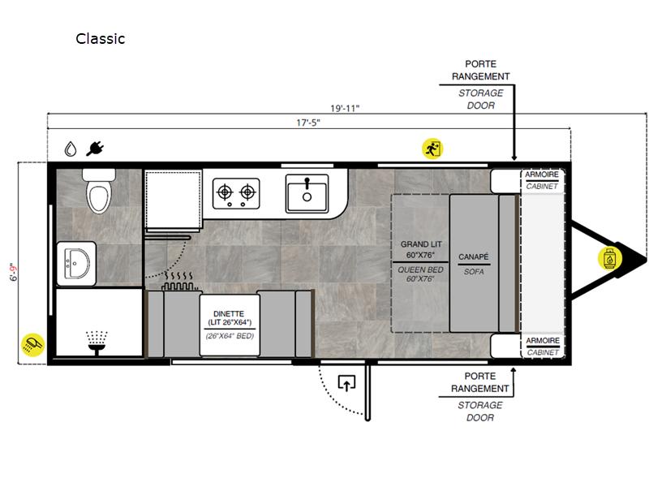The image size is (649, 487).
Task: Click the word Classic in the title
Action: pyautogui.click(x=100, y=38)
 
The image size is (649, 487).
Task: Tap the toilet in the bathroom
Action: pyautogui.click(x=99, y=191)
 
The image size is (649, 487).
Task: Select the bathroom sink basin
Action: pyautogui.click(x=77, y=264)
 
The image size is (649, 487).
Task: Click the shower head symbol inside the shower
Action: pyautogui.click(x=97, y=343)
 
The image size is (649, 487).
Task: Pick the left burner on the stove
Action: pyautogui.click(x=225, y=192)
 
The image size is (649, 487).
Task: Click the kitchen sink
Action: pyautogui.click(x=307, y=193)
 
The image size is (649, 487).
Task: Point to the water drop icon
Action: pyautogui.click(x=71, y=149)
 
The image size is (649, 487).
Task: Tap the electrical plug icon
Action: pyautogui.click(x=95, y=149)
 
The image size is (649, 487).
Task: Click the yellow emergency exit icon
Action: pyautogui.click(x=432, y=149)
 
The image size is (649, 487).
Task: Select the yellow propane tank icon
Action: pyautogui.click(x=609, y=258)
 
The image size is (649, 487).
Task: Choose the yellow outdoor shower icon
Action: pyautogui.click(x=33, y=344)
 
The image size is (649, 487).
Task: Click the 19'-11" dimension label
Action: pyautogui.click(x=345, y=109)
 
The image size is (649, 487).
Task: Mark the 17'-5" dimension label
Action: pyautogui.click(x=308, y=123)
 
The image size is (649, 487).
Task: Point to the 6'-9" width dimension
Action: pyautogui.click(x=15, y=272)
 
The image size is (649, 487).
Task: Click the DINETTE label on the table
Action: pyautogui.click(x=229, y=314)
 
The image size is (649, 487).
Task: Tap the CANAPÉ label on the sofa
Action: pyautogui.click(x=474, y=257)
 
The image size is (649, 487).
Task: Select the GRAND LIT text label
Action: pyautogui.click(x=421, y=244)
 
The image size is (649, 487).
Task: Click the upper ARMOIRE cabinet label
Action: pyautogui.click(x=542, y=175)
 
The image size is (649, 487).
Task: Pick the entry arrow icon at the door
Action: pyautogui.click(x=347, y=382)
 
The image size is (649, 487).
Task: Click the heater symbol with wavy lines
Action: pyautogui.click(x=179, y=281)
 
